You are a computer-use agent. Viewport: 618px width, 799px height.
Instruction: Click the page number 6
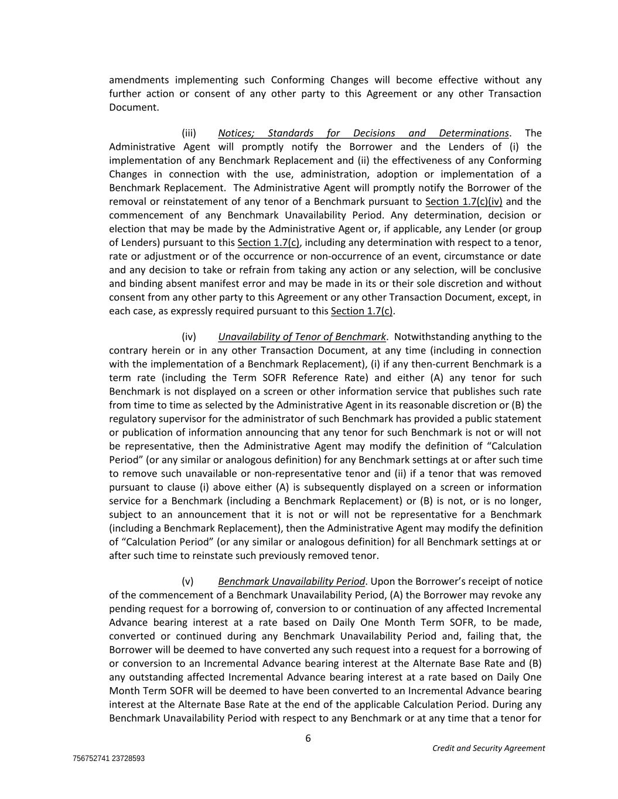click(x=308, y=738)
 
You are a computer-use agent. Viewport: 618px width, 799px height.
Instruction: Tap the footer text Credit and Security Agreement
click(x=488, y=748)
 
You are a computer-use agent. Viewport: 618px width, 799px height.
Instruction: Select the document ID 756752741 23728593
click(x=109, y=759)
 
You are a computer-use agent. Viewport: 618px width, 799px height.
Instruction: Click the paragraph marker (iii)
click(x=189, y=133)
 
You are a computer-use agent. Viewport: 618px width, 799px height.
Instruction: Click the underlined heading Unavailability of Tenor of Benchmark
click(x=302, y=337)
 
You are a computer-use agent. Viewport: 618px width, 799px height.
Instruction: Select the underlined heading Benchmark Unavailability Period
click(x=292, y=581)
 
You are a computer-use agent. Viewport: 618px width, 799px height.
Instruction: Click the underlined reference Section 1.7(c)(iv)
click(x=463, y=201)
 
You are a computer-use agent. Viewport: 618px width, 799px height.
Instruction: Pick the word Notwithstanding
click(x=429, y=337)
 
